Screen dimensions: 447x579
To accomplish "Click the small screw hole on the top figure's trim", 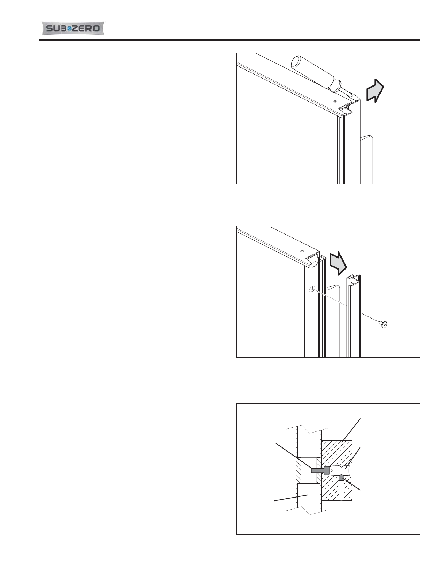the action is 335,101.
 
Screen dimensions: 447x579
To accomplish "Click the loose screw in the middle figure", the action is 383,324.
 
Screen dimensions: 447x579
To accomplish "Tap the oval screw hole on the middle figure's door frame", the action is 312,289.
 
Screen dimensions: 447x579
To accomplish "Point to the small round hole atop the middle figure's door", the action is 302,251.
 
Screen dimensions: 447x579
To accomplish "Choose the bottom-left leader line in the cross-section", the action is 291,498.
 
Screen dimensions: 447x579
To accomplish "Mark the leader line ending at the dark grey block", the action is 352,484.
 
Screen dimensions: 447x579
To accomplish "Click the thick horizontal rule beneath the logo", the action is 230,41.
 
